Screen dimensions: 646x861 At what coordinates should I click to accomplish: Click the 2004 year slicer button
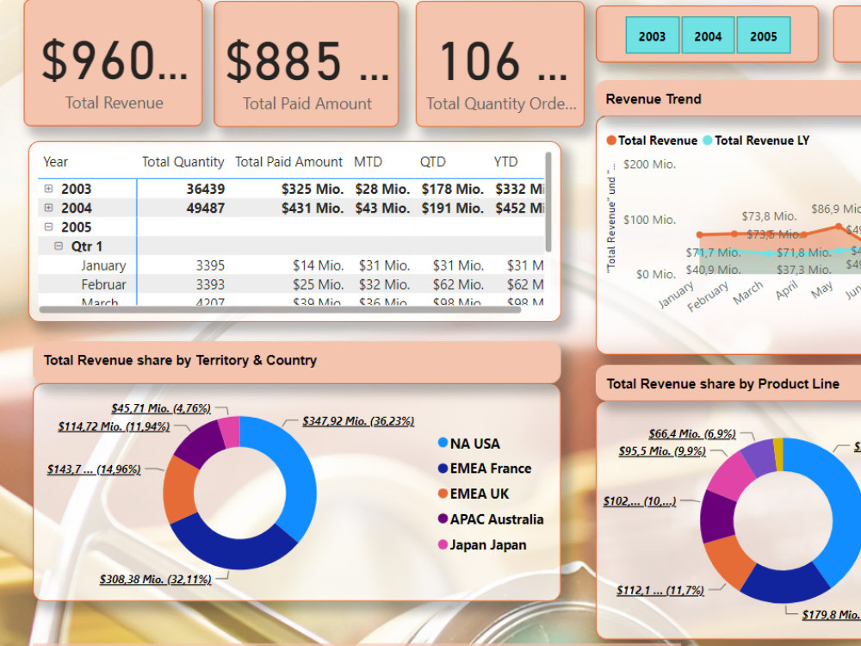click(708, 36)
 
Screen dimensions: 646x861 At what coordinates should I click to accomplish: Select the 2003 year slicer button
click(652, 36)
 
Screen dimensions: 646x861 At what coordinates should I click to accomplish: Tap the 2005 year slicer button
click(763, 36)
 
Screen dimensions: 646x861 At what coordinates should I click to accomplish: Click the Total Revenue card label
click(114, 102)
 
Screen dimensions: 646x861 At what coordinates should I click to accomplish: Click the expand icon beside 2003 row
click(48, 189)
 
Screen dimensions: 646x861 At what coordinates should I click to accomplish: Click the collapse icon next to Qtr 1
click(59, 246)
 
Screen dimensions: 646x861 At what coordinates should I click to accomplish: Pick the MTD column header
click(368, 162)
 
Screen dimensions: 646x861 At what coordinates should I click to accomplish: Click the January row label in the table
click(103, 265)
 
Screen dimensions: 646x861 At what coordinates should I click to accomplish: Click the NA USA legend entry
click(474, 444)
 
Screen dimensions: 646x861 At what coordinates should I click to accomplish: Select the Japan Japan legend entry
click(486, 544)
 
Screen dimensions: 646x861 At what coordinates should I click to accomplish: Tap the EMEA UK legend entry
click(479, 494)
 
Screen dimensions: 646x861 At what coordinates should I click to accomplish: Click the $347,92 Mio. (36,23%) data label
click(358, 421)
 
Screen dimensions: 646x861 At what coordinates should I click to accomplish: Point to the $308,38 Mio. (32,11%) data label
click(155, 580)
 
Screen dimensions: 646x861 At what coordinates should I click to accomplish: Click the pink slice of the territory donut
click(229, 432)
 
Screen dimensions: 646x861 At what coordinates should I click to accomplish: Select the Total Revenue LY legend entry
click(761, 140)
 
